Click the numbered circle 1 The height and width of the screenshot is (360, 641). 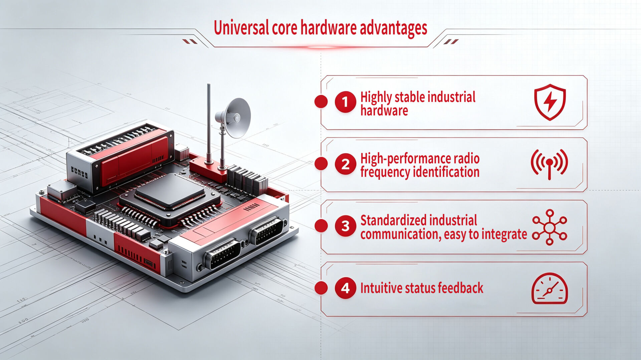345,102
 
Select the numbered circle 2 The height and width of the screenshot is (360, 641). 345,164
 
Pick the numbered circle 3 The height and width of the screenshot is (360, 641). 345,226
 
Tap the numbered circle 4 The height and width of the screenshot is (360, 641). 345,288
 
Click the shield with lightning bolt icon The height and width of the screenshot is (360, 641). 550,102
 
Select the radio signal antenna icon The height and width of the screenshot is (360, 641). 549,164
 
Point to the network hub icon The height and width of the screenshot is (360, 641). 550,228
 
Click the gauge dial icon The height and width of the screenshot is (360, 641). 550,289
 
